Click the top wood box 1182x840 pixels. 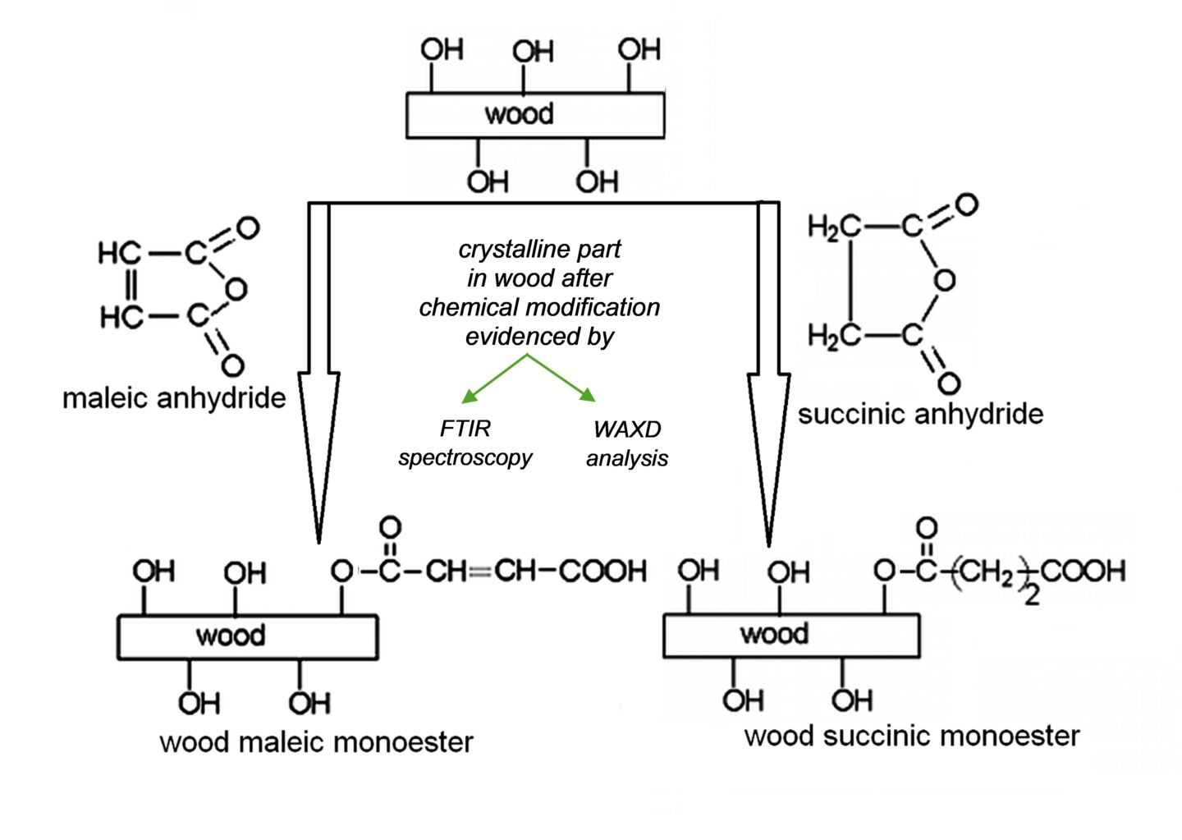[x=535, y=114]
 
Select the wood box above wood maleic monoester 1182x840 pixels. [x=247, y=636]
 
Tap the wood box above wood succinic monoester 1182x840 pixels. [x=790, y=635]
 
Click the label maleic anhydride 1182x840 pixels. [x=174, y=398]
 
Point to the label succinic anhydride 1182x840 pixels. [x=920, y=413]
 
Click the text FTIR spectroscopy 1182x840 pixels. [x=465, y=443]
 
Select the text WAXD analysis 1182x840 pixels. [x=627, y=443]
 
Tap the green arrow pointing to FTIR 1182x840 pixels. [x=492, y=379]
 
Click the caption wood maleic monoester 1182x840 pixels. [x=316, y=741]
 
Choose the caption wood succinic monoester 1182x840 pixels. [x=911, y=735]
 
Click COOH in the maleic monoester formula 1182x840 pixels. [x=602, y=571]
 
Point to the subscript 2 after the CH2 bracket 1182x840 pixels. [x=1032, y=594]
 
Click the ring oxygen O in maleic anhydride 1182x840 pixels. [x=236, y=288]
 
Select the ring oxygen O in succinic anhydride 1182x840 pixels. [x=944, y=280]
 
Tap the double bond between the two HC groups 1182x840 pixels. [x=131, y=284]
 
